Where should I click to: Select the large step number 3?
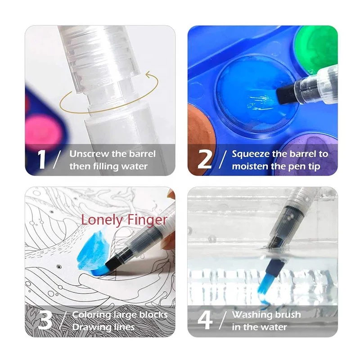(45, 320)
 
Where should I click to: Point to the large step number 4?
(205, 320)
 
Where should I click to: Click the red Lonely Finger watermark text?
(124, 220)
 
